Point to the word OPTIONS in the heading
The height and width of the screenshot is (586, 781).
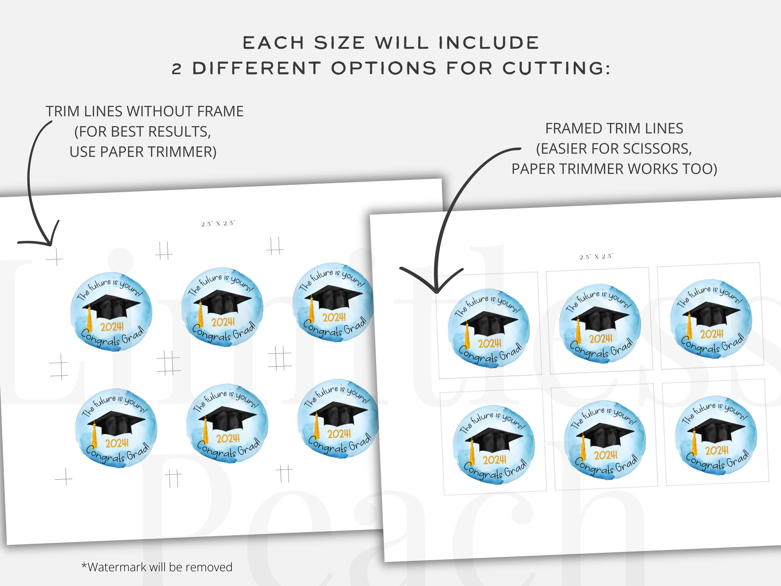(384, 68)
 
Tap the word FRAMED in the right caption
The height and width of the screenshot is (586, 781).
(573, 128)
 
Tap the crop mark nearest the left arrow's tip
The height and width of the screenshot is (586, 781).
(55, 258)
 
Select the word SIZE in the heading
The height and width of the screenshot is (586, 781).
(339, 43)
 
